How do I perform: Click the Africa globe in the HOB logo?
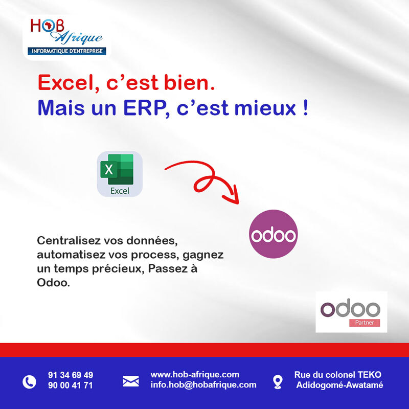click(47, 26)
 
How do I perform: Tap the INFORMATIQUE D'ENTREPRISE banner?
click(67, 51)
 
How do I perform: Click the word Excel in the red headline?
click(66, 83)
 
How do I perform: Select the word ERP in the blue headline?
click(144, 108)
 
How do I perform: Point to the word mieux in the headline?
click(265, 108)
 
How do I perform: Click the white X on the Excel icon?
click(109, 170)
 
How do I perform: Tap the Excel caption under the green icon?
click(120, 191)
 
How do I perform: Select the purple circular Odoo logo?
click(273, 234)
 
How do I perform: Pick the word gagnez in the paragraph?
click(203, 255)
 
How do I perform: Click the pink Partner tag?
click(365, 323)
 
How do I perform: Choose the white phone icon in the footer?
click(29, 382)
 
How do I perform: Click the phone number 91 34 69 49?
click(71, 375)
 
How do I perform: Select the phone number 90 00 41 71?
click(71, 385)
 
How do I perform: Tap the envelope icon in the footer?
click(131, 381)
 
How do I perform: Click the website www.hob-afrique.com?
click(195, 375)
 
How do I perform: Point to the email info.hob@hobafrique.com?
click(203, 385)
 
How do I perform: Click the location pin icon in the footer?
click(278, 382)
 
